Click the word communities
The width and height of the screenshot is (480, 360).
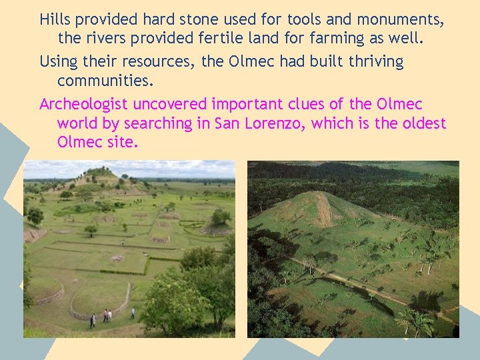[x=105, y=81]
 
